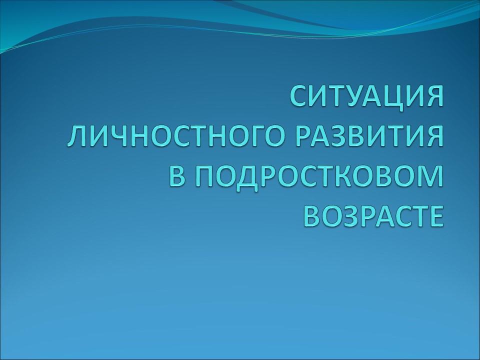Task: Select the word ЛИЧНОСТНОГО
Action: click(x=168, y=136)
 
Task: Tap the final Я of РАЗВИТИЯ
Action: click(x=432, y=136)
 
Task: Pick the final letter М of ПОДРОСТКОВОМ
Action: click(x=430, y=177)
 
